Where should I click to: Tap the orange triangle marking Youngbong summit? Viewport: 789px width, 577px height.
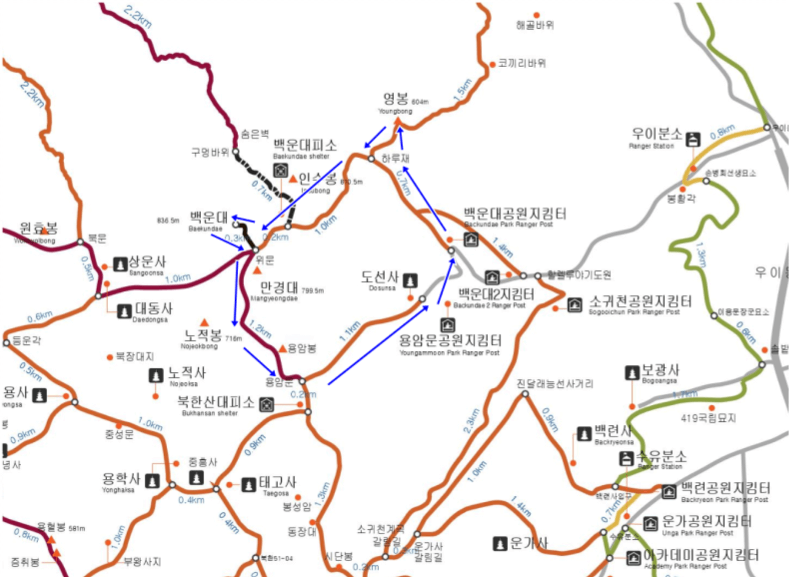pyautogui.click(x=397, y=122)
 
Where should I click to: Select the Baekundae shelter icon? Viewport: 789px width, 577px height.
pyautogui.click(x=280, y=170)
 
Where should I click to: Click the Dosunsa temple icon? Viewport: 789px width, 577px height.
pyautogui.click(x=410, y=281)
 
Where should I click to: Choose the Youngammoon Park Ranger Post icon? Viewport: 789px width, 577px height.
pyautogui.click(x=447, y=325)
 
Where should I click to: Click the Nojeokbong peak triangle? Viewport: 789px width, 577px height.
pyautogui.click(x=204, y=323)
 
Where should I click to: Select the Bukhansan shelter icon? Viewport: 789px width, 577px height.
pyautogui.click(x=266, y=404)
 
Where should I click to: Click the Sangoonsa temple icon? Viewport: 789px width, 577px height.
pyautogui.click(x=120, y=264)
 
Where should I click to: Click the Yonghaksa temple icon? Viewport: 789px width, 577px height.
pyautogui.click(x=152, y=481)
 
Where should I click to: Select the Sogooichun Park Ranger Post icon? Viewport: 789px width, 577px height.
pyautogui.click(x=574, y=304)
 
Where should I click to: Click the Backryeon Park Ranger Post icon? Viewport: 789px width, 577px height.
pyautogui.click(x=668, y=491)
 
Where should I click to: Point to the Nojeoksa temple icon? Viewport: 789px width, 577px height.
pyautogui.click(x=156, y=375)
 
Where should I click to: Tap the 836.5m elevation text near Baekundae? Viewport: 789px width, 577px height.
pyautogui.click(x=168, y=221)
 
